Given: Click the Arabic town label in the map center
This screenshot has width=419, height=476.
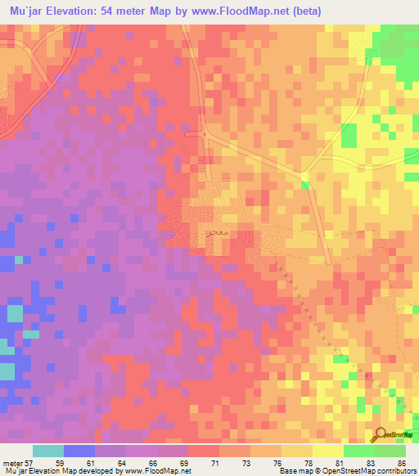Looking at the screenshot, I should (x=216, y=233).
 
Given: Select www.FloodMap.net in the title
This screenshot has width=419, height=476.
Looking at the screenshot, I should (x=246, y=11).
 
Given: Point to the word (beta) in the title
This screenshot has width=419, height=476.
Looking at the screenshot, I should (x=308, y=11).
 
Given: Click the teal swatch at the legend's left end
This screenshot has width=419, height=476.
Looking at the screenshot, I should (x=48, y=451).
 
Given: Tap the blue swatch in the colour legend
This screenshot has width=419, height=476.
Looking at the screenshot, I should (x=79, y=451).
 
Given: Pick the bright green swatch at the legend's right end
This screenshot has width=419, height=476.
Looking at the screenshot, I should (x=390, y=451).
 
